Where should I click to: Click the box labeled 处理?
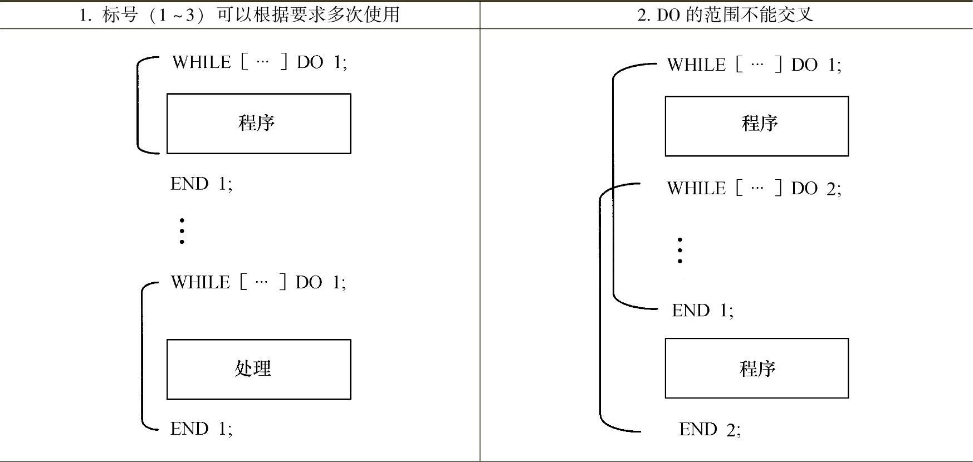tap(258, 369)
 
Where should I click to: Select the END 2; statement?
tap(710, 429)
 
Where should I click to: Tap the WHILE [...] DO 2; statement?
tap(754, 188)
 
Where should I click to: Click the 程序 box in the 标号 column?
tap(258, 123)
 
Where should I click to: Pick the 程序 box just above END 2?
tap(756, 368)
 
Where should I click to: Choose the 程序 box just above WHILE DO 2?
tap(756, 126)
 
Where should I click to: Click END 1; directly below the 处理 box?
tap(201, 429)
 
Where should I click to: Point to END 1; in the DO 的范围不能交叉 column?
tap(702, 310)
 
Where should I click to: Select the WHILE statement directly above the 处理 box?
tap(258, 282)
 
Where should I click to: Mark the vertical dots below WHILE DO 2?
tap(679, 250)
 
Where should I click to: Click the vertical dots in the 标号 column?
tap(182, 231)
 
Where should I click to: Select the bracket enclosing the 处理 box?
tap(143, 356)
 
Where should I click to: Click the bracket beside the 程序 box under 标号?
tap(138, 105)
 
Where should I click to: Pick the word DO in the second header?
tap(668, 15)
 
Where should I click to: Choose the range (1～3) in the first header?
tap(174, 15)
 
